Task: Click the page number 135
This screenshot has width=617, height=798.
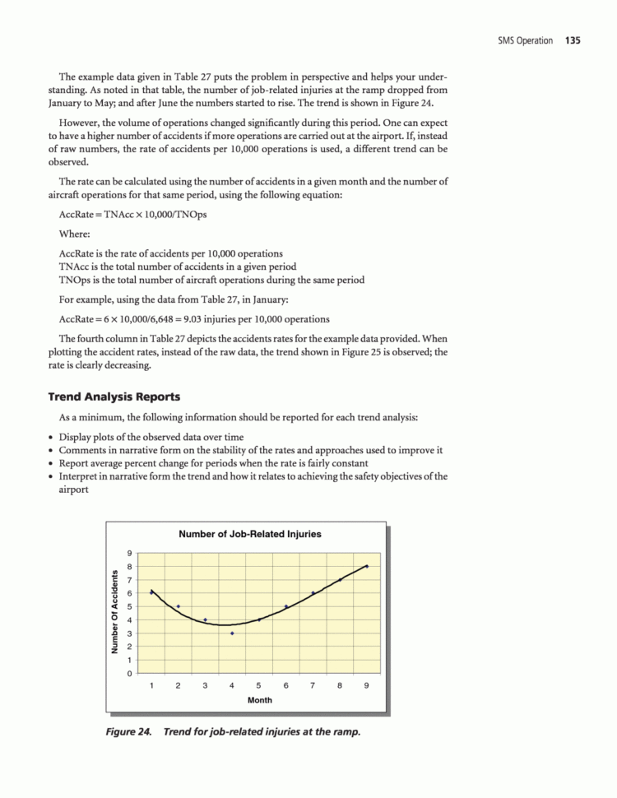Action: click(x=573, y=40)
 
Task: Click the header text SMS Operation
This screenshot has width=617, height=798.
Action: click(x=525, y=40)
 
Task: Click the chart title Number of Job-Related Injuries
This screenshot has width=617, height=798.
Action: click(x=250, y=534)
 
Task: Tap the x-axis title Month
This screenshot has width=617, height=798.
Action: click(x=259, y=701)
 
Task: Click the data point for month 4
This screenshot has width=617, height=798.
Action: click(x=232, y=633)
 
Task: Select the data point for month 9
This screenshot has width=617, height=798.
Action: click(x=367, y=566)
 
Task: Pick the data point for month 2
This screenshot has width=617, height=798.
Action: click(x=179, y=606)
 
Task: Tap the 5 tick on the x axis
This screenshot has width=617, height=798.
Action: click(x=259, y=684)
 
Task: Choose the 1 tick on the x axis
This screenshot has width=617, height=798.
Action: click(x=151, y=684)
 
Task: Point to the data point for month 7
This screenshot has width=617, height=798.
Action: click(x=313, y=593)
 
